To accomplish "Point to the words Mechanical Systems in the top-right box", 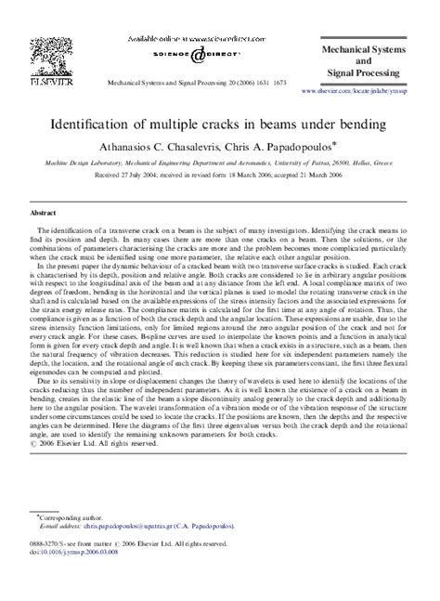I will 368,42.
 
